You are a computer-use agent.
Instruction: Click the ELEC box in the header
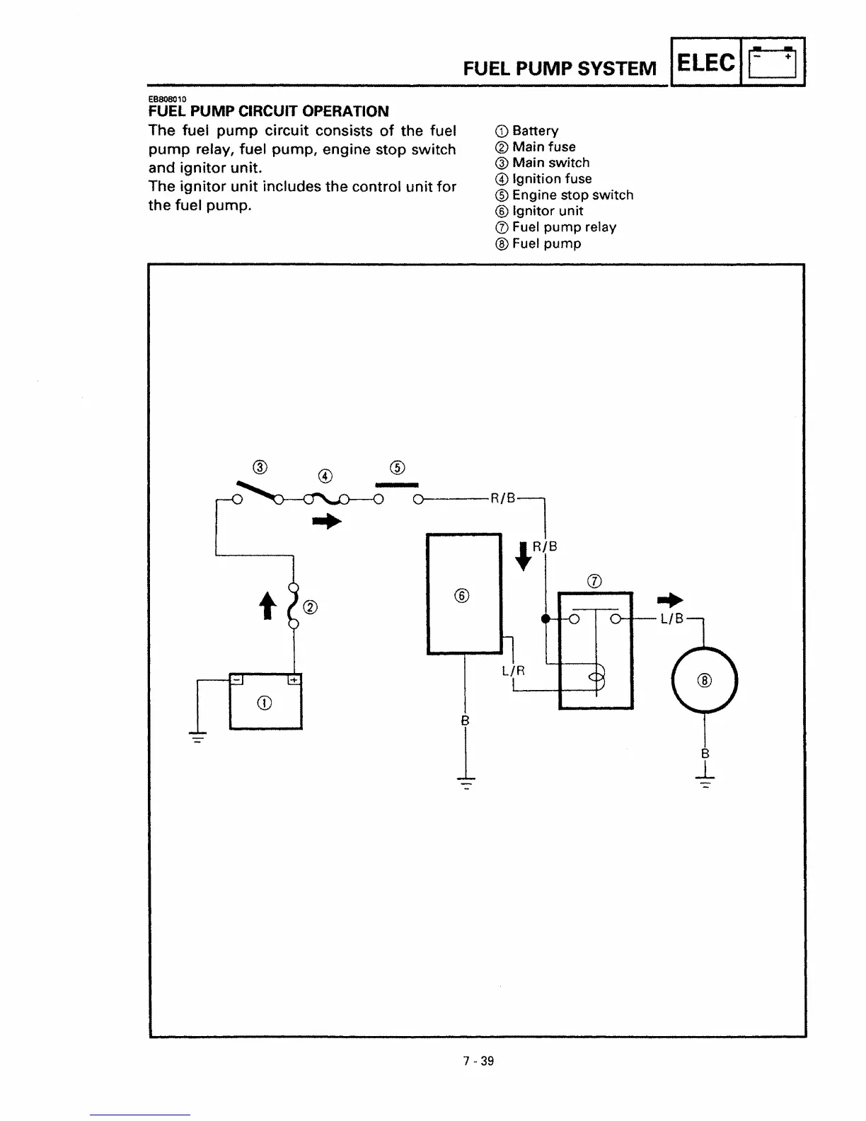click(705, 62)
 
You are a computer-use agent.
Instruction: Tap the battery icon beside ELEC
click(773, 62)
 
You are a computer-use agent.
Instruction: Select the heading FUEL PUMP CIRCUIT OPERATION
click(269, 111)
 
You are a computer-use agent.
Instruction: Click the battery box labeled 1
click(265, 701)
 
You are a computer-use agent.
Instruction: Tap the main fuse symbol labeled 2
click(293, 605)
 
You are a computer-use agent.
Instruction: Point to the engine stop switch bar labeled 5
click(397, 485)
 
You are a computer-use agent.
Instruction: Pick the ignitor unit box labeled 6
click(464, 594)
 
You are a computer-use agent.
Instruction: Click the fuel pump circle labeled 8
click(705, 680)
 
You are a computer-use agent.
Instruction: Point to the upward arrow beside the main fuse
click(267, 606)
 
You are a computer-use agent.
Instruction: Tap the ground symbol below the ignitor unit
click(465, 783)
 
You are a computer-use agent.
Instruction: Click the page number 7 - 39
click(478, 1061)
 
